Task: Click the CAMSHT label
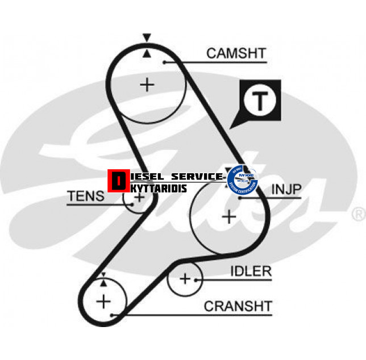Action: point(236,54)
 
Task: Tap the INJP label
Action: point(286,190)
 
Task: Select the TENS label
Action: point(86,196)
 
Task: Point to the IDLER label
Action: point(251,271)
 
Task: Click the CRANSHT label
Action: point(238,307)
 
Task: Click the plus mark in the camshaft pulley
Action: point(147,85)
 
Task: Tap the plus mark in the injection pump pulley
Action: point(229,216)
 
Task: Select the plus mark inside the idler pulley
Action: point(185,279)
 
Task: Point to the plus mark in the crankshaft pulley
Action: point(103,301)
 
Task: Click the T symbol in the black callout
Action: point(260,101)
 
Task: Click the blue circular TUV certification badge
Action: point(242,179)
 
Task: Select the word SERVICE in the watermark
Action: point(197,177)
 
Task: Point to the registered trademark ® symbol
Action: point(358,215)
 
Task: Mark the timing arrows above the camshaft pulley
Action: point(147,45)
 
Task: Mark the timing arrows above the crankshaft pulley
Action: point(103,278)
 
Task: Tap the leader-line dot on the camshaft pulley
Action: point(164,62)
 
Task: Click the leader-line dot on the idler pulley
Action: point(197,279)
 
